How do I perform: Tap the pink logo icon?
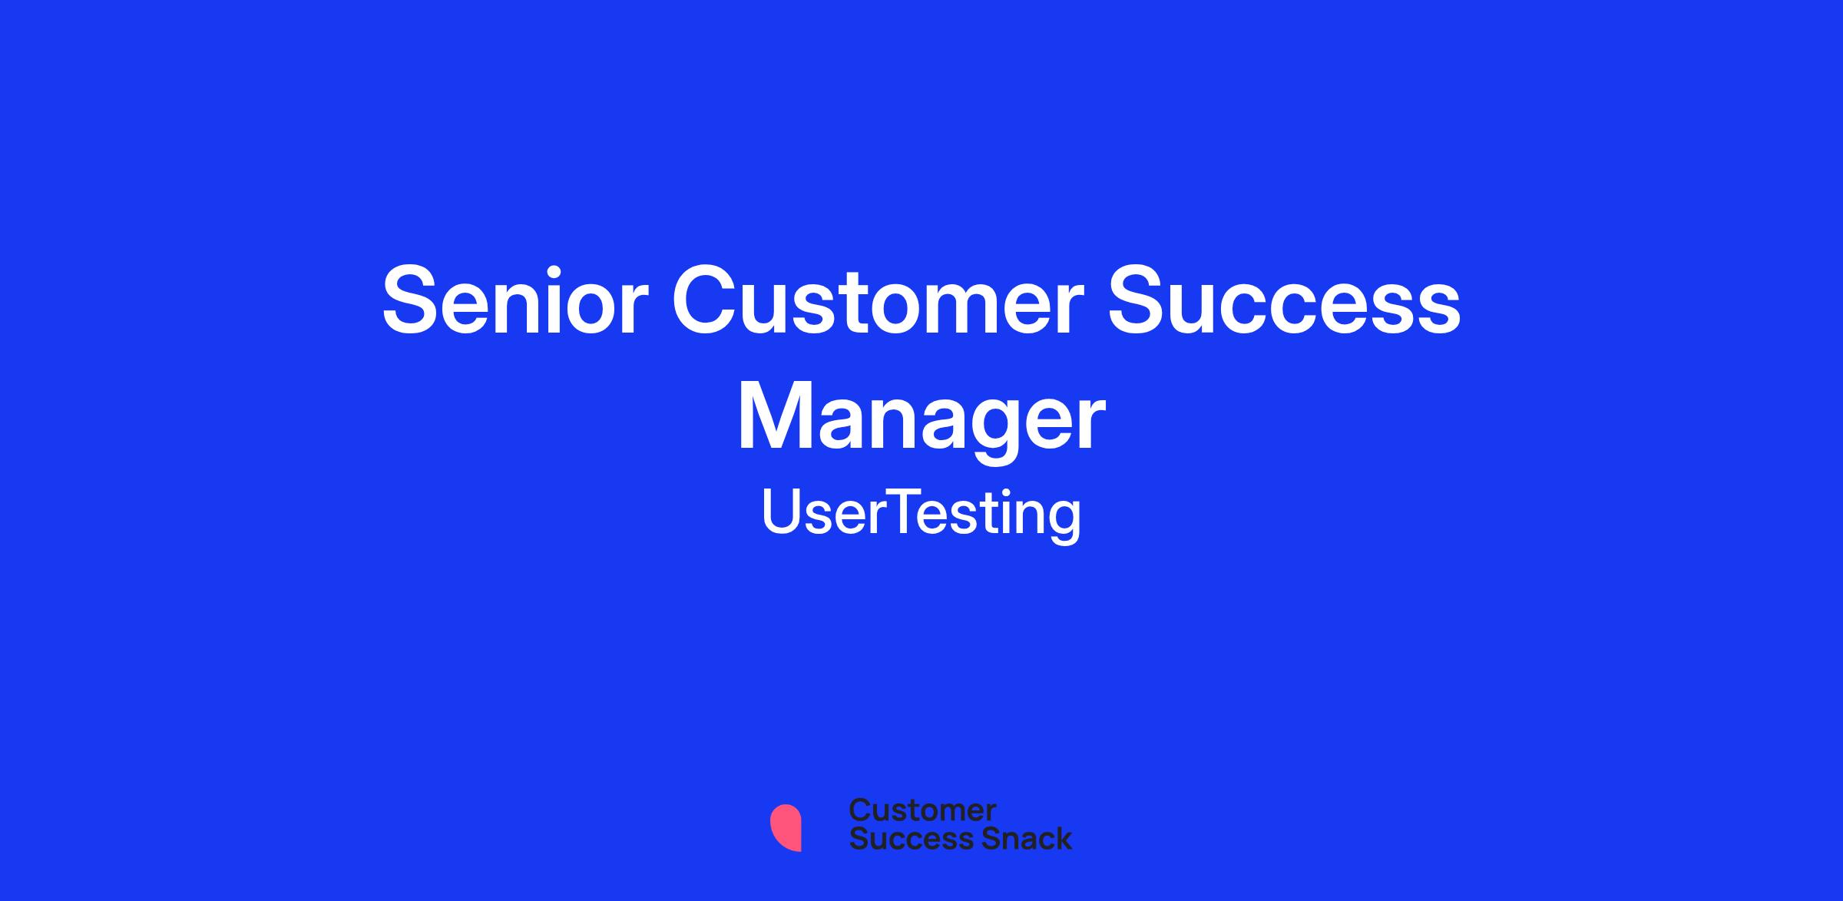pos(786,828)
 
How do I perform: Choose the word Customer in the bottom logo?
pos(922,810)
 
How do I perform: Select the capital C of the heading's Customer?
pos(706,300)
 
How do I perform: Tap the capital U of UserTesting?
pos(782,512)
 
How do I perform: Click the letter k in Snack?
pos(1062,838)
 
